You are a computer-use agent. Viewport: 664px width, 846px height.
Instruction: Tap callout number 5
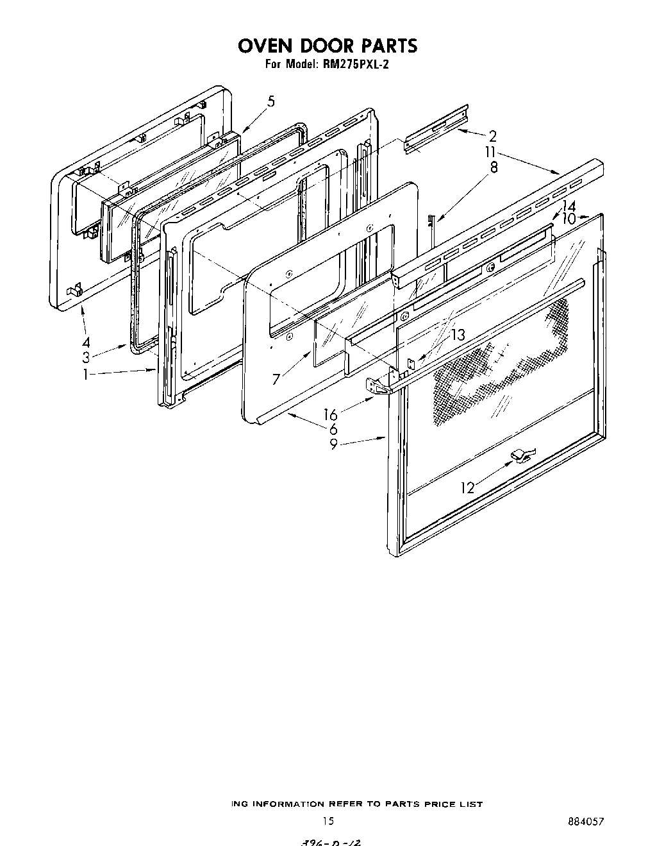271,101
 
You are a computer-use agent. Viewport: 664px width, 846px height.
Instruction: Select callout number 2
492,136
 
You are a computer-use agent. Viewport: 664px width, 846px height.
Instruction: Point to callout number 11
490,153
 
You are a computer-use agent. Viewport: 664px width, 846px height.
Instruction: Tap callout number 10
568,219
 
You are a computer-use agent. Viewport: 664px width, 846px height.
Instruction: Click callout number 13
458,335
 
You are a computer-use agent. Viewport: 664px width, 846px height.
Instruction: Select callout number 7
276,379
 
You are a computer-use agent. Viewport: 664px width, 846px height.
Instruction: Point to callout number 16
330,415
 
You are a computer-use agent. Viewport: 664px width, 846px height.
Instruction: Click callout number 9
333,444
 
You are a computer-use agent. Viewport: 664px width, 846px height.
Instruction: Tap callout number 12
467,488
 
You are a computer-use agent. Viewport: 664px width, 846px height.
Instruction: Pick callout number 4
85,342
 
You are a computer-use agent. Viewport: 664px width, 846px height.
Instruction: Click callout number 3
85,358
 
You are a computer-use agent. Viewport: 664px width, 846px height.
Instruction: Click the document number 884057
586,820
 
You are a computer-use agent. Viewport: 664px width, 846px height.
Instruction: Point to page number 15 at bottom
328,820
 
